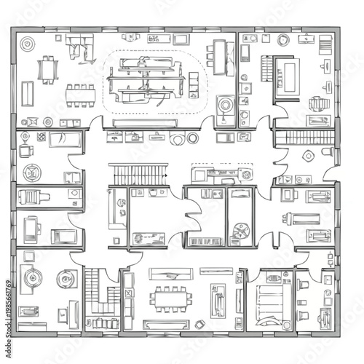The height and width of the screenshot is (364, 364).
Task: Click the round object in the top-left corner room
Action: click(27, 44)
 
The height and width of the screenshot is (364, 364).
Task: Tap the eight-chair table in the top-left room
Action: click(81, 92)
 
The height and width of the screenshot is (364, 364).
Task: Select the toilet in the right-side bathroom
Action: click(308, 154)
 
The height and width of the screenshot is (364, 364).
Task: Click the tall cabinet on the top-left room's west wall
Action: click(28, 92)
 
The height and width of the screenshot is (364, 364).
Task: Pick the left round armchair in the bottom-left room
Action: click(33, 279)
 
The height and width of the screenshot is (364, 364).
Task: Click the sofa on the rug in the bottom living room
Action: click(218, 300)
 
